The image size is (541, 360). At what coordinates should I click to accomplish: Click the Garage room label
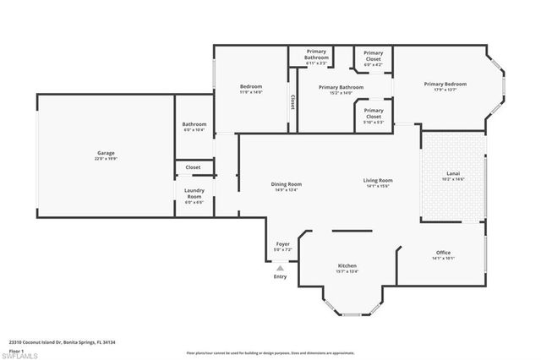click(106, 153)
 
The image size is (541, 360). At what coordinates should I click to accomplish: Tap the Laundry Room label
click(194, 194)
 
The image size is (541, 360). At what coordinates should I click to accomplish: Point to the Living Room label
click(378, 180)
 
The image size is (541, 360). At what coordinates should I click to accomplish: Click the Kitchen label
click(347, 265)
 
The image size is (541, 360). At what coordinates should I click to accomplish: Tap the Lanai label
click(453, 174)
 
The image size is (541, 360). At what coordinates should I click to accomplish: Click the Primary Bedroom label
click(445, 84)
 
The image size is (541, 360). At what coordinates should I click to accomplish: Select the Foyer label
click(283, 244)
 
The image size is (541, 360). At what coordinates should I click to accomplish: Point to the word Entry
click(280, 277)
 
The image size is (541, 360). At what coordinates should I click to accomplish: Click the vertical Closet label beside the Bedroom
click(292, 101)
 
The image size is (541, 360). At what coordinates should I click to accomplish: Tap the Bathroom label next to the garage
click(194, 125)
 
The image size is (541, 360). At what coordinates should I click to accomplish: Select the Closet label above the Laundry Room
click(194, 167)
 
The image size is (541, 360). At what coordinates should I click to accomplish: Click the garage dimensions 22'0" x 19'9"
click(106, 158)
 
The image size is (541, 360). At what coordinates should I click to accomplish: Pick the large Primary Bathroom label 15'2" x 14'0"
click(341, 87)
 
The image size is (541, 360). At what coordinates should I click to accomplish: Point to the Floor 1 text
click(16, 350)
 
